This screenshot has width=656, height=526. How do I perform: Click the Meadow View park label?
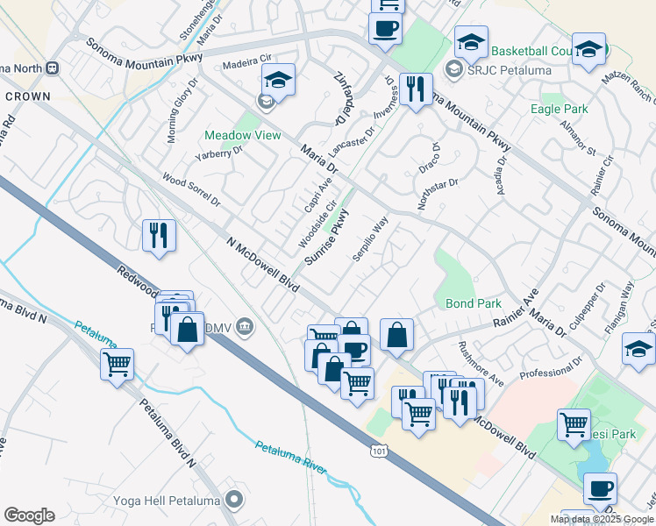243,136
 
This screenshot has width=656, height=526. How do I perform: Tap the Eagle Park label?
560,109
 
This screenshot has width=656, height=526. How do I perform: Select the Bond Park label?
474,303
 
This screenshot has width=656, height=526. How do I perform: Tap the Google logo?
29,515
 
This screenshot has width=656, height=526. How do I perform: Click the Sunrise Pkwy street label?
327,237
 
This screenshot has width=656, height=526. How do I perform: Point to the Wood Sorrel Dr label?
191,189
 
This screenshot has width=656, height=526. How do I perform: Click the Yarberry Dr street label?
218,158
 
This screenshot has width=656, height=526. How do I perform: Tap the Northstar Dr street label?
439,193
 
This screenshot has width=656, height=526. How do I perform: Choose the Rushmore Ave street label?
481,363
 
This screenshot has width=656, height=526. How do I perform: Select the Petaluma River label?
290,458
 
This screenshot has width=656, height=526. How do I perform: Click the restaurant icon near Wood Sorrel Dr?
159,235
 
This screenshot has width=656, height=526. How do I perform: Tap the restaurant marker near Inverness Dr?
414,89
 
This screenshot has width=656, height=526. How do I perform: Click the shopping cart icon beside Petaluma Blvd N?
117,363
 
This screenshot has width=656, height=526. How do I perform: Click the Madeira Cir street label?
245,63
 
